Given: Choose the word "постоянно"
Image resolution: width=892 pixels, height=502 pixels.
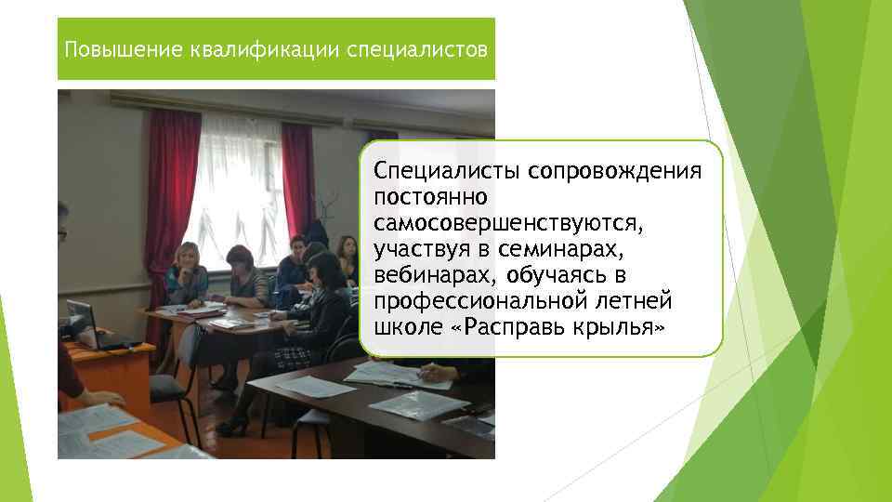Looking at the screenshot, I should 427,198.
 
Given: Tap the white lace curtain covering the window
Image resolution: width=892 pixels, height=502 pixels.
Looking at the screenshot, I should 237,186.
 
